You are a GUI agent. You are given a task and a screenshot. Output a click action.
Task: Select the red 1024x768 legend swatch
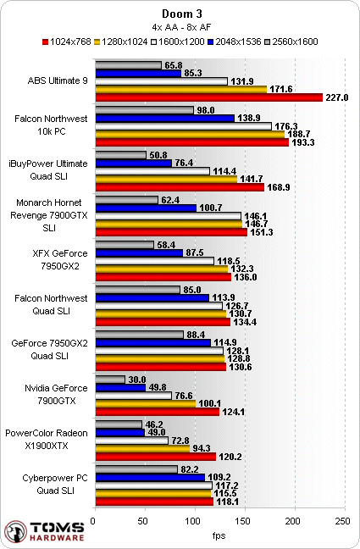(45, 42)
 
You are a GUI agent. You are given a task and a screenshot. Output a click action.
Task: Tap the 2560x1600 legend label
(295, 42)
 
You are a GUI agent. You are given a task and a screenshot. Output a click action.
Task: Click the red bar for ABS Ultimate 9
(208, 97)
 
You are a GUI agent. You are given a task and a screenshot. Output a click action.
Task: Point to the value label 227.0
(337, 97)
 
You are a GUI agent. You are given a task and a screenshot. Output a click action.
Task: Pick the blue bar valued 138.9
(164, 119)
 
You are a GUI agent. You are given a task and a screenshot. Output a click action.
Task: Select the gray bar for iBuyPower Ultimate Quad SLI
(120, 155)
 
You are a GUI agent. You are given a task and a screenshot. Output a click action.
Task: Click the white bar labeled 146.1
(168, 216)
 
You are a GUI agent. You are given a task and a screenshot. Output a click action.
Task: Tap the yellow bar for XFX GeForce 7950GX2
(162, 269)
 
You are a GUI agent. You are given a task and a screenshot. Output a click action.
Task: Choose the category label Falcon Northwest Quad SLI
(51, 305)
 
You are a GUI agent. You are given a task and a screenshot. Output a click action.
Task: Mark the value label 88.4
(196, 335)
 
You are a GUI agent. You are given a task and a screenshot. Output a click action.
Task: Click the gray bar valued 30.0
(110, 380)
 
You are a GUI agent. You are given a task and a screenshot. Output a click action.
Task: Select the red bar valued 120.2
(156, 457)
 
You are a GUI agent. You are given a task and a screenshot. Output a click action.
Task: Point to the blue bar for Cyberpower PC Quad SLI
(150, 477)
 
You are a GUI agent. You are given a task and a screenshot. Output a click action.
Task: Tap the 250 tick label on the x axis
(342, 521)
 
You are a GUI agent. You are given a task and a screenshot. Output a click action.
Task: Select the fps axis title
(219, 535)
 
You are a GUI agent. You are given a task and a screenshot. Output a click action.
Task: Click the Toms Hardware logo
(45, 531)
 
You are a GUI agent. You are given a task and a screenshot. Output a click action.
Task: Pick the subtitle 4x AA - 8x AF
(182, 27)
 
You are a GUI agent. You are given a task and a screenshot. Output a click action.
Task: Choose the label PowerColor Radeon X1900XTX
(47, 440)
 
